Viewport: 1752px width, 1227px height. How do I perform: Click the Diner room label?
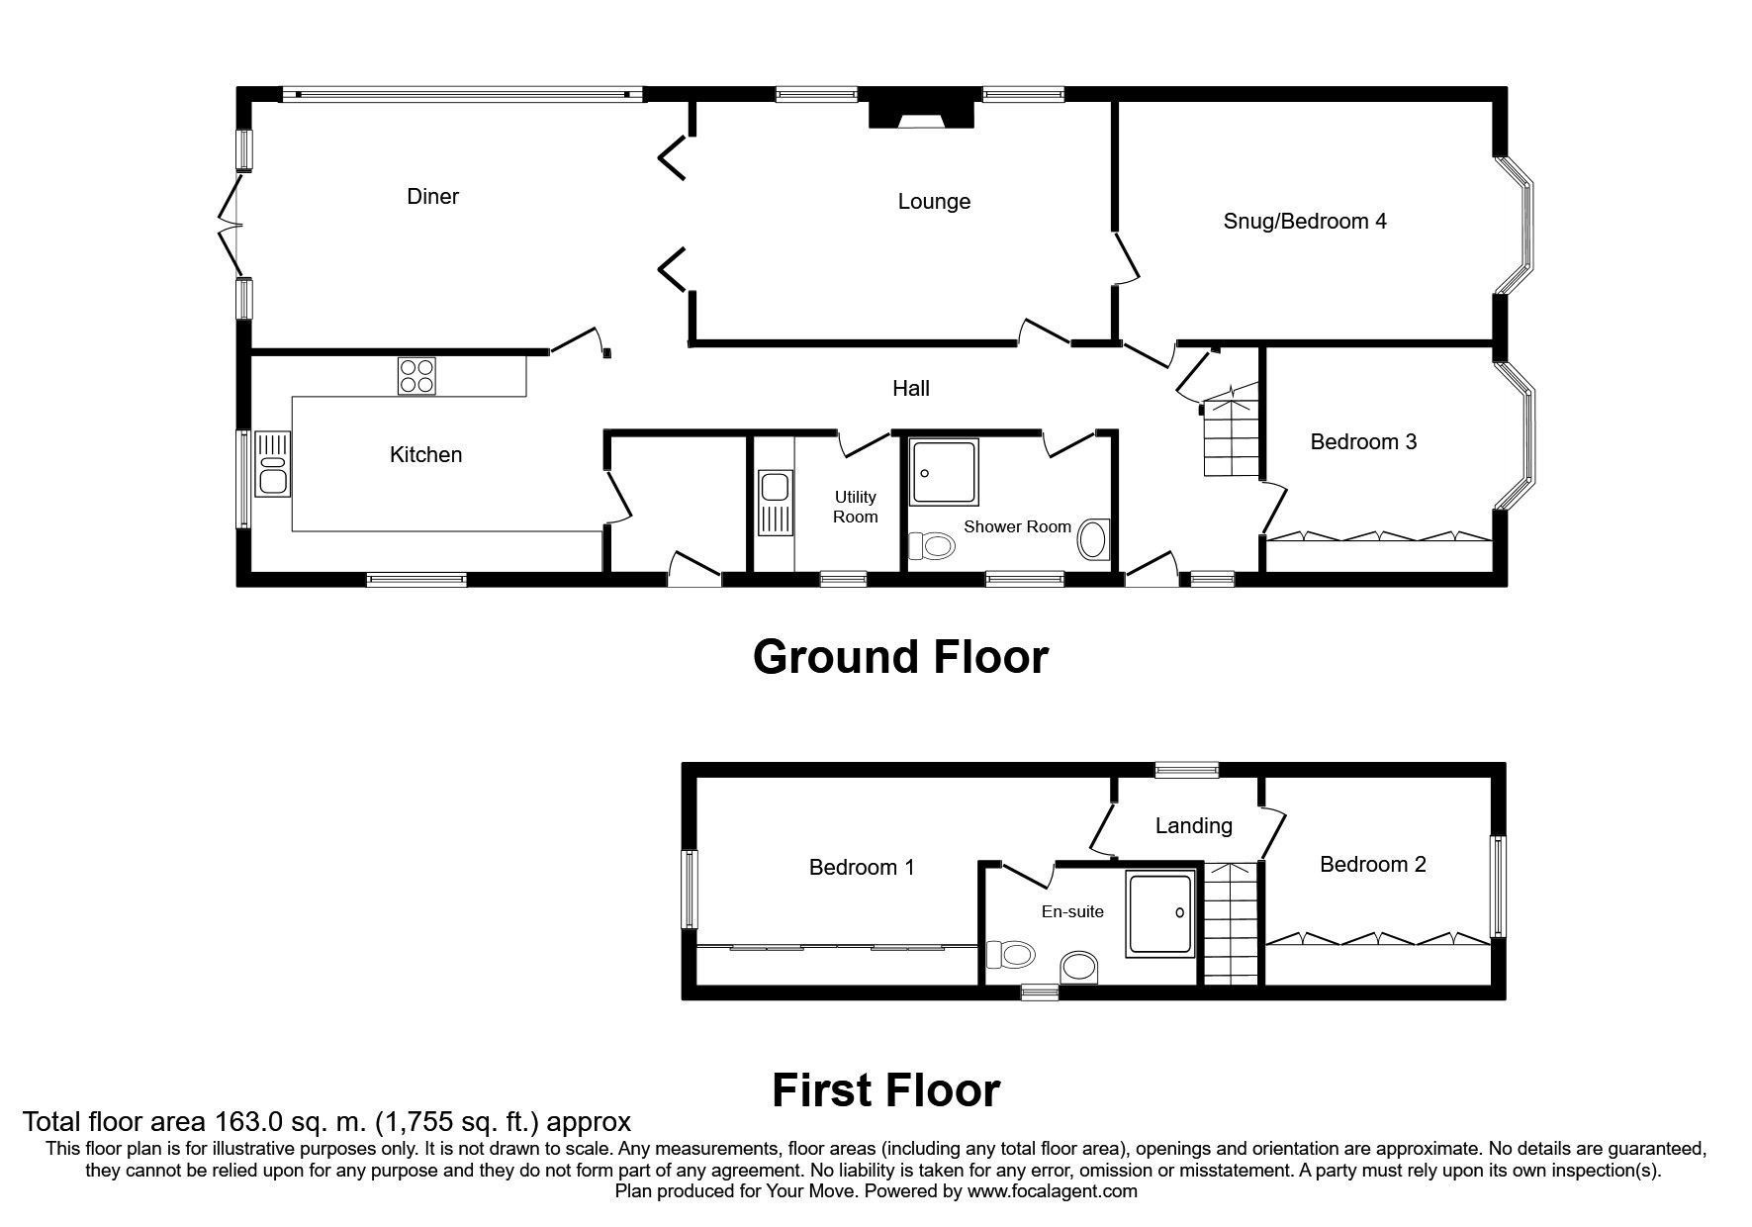click(433, 196)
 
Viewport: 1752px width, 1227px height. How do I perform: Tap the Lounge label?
click(934, 202)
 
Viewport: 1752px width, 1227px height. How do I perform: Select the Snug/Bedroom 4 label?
click(1305, 221)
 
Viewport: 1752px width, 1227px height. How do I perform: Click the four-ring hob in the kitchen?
click(416, 376)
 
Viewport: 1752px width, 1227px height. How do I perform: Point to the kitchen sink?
click(272, 463)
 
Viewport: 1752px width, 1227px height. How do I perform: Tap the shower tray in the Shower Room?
click(944, 472)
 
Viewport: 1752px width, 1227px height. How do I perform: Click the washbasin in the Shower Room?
click(1094, 540)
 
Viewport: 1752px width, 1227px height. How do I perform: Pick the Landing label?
click(1193, 825)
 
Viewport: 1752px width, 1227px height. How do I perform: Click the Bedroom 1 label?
click(862, 868)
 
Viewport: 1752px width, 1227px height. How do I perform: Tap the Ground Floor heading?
click(900, 657)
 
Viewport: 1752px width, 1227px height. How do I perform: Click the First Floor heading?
click(886, 1090)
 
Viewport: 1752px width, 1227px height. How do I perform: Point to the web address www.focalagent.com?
click(1053, 1191)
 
